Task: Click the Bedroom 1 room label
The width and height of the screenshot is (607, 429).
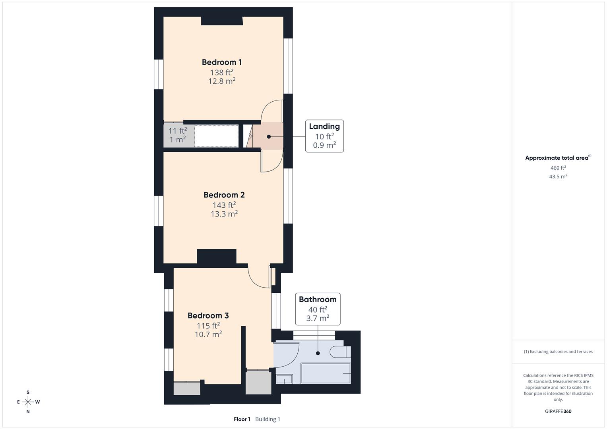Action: click(x=221, y=62)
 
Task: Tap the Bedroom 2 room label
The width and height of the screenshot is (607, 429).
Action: click(x=224, y=195)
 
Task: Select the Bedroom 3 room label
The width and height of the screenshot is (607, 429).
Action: click(x=208, y=316)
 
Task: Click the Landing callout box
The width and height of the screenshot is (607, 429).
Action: click(x=324, y=136)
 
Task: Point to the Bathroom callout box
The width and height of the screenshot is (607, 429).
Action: click(x=318, y=309)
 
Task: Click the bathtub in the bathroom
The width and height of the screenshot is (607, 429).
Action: click(x=326, y=373)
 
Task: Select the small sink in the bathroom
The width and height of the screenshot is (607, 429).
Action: click(x=284, y=379)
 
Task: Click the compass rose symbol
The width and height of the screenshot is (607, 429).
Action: click(x=28, y=402)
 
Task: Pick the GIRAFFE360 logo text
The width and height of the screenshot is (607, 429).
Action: click(x=558, y=412)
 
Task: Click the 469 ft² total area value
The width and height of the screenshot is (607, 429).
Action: click(x=558, y=168)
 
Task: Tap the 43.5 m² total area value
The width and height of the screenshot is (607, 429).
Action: click(x=558, y=177)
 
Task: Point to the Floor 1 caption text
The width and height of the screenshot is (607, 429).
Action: click(x=242, y=419)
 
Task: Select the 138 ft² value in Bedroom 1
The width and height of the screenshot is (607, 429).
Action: click(x=221, y=72)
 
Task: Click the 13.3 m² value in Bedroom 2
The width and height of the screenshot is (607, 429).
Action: click(x=224, y=214)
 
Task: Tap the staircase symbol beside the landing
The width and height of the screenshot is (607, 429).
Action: click(x=249, y=136)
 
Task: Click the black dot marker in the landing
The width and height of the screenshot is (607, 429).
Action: click(x=269, y=137)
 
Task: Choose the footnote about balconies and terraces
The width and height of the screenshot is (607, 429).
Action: click(x=558, y=352)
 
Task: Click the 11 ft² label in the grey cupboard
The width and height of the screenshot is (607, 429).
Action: click(x=177, y=131)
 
